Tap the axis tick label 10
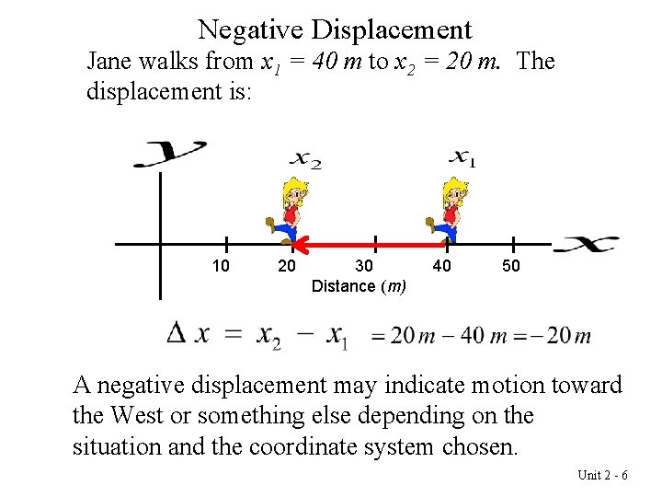[221, 266]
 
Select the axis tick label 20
[287, 266]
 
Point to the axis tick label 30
[364, 266]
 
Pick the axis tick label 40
[441, 266]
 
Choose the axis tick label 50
[511, 266]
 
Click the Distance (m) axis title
[359, 286]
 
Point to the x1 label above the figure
[462, 158]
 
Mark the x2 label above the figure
[306, 158]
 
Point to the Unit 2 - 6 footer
[602, 475]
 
